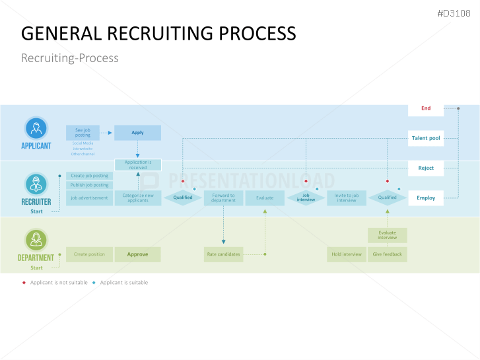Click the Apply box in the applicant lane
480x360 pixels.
(x=137, y=133)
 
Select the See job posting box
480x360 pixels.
(x=83, y=133)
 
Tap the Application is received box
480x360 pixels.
(x=137, y=165)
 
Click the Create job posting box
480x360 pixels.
(x=90, y=176)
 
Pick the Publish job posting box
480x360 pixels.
(x=90, y=186)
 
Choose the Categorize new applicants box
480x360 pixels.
(x=137, y=198)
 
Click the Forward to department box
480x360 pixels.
(x=223, y=198)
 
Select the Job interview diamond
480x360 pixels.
(x=306, y=198)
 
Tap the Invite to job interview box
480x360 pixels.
(x=346, y=198)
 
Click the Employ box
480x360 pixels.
(x=426, y=198)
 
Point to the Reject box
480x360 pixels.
(x=426, y=168)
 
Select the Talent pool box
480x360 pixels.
(x=426, y=138)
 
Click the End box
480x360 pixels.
(x=426, y=108)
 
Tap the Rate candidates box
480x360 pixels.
(x=223, y=254)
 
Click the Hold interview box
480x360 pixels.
(x=346, y=254)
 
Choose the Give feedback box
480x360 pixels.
(x=388, y=254)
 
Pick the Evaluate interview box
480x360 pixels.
(x=388, y=235)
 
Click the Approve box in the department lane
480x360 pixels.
(x=137, y=254)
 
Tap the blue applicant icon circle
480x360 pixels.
(x=36, y=128)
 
